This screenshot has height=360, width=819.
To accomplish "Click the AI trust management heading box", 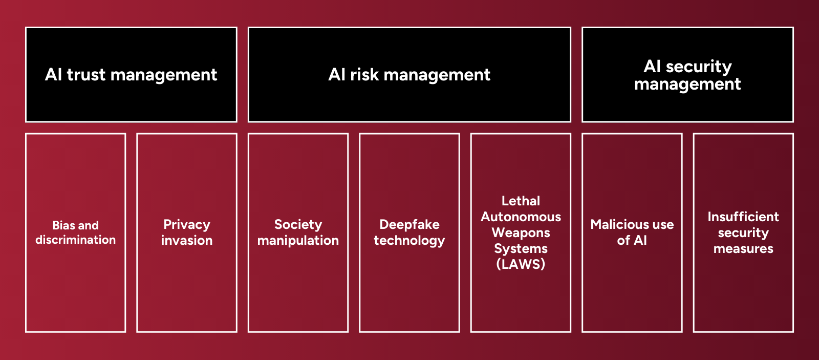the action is tap(131, 75).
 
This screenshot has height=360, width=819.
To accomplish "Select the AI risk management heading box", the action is tap(409, 75).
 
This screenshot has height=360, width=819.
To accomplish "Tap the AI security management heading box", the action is tap(687, 75).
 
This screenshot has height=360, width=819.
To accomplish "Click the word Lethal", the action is tap(521, 201).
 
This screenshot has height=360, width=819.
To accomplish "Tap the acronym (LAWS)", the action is tap(521, 264).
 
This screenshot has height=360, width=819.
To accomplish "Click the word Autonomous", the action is tap(521, 217).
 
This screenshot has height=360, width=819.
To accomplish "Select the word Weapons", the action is tap(521, 232).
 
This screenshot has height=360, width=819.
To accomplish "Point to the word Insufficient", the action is tap(743, 217).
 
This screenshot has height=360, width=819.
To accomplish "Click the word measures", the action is tap(743, 249).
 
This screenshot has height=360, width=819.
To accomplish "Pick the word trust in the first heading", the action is tap(86, 75).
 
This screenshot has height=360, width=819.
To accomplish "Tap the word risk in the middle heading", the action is tap(364, 75).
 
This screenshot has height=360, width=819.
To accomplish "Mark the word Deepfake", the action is tap(409, 224).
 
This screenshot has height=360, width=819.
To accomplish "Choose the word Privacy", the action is tap(187, 224).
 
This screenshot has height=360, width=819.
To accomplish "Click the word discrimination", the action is tap(76, 240).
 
